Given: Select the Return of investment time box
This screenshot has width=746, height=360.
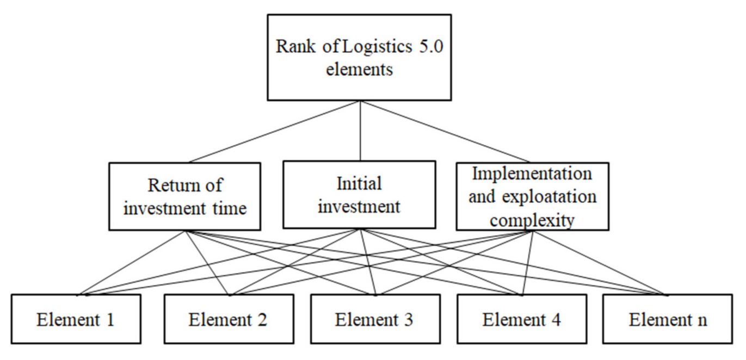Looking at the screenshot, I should point(184,196).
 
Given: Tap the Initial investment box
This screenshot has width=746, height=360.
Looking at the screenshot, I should point(359,194).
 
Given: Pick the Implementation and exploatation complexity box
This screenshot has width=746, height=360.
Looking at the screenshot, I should point(532,196).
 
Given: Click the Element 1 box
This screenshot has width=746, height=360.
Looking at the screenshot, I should point(76,319).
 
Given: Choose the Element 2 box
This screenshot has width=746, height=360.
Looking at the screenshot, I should point(228,319).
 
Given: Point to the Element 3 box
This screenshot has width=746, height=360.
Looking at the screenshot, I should point(375,319).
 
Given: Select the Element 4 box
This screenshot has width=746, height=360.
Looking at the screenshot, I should point(521,319).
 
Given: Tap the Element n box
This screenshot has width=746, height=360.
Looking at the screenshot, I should point(668,319).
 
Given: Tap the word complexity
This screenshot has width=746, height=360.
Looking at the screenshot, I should point(532,220).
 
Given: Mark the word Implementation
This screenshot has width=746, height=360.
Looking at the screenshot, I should point(532,174).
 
